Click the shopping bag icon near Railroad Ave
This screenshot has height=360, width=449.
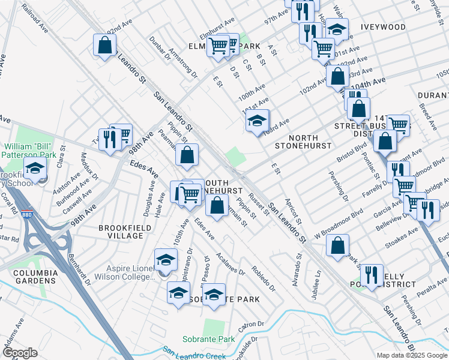coord(104,45)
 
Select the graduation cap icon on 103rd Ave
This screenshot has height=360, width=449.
coord(257,120)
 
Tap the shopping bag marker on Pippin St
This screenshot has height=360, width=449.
coord(187,155)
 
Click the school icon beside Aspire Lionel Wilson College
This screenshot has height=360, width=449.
coord(166,259)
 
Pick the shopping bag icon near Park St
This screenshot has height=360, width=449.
coord(338,245)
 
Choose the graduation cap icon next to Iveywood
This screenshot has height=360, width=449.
coord(337,28)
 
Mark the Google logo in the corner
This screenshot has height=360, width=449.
coord(19,353)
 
